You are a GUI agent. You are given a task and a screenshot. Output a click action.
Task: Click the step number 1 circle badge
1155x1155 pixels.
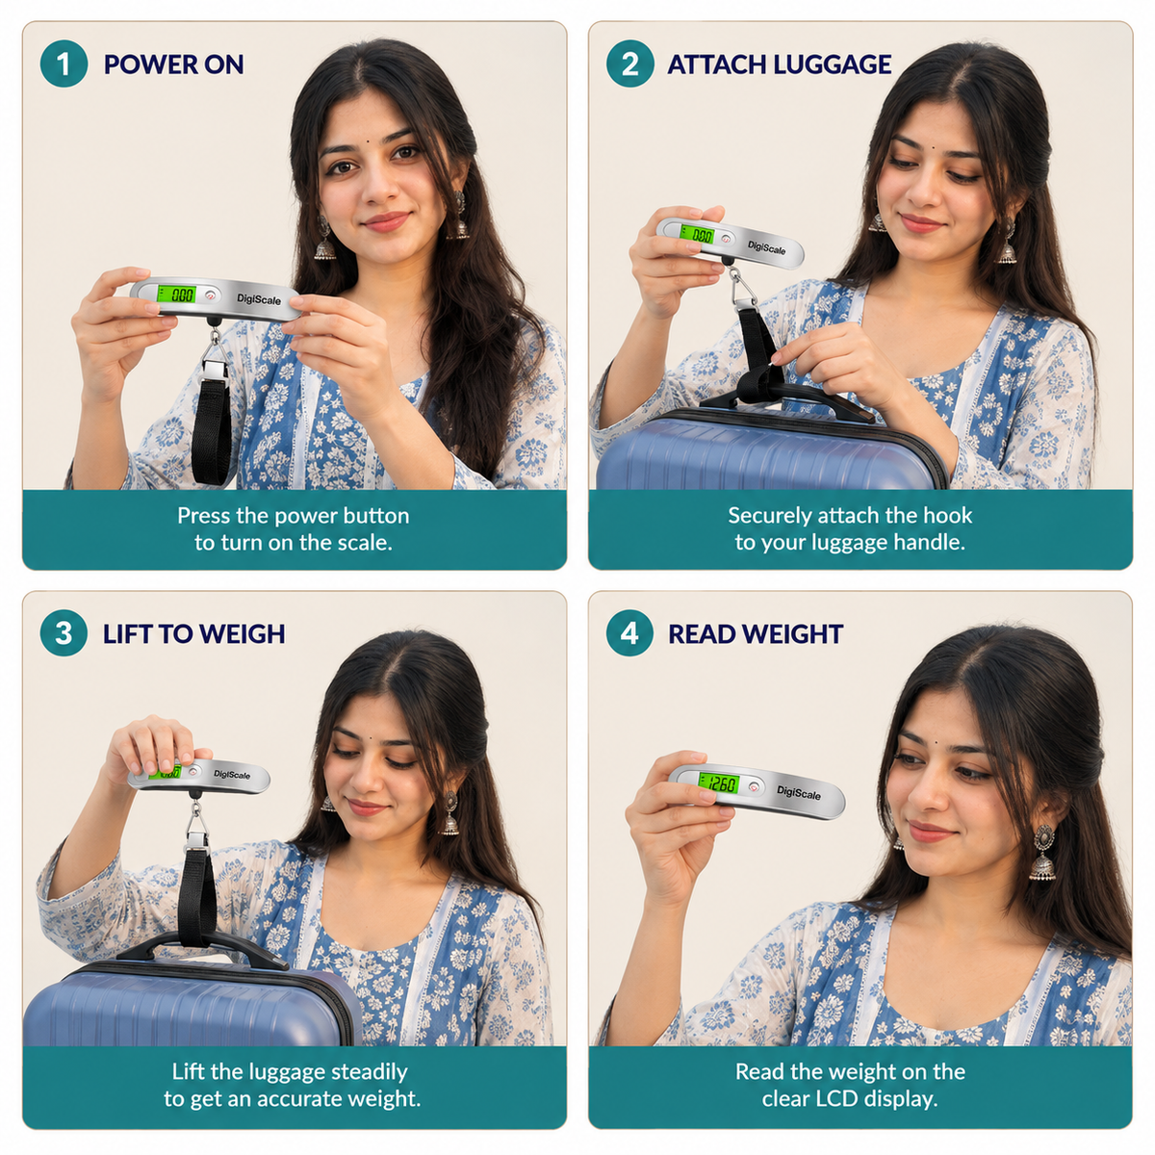[64, 64]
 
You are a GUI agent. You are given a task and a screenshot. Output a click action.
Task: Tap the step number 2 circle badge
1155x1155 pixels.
[629, 64]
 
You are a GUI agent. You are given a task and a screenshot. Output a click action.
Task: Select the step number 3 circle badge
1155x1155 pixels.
[64, 633]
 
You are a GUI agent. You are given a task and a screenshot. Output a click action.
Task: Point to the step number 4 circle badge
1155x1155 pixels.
[629, 633]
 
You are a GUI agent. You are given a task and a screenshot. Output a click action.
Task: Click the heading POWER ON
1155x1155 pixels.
[174, 64]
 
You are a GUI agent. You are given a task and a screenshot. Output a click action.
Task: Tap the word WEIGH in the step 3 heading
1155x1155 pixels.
[241, 634]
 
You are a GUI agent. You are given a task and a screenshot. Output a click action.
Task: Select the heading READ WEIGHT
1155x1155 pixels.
[756, 634]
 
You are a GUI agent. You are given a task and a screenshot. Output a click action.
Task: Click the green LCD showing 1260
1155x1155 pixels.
[718, 783]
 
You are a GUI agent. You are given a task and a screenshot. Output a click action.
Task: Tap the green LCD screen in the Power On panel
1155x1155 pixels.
[176, 294]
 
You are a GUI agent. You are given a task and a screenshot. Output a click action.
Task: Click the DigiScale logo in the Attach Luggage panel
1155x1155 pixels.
[766, 247]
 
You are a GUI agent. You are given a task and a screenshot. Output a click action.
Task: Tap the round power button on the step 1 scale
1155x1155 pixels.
[211, 295]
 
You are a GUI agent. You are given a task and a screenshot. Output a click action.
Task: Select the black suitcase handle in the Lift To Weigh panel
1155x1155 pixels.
[202, 948]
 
